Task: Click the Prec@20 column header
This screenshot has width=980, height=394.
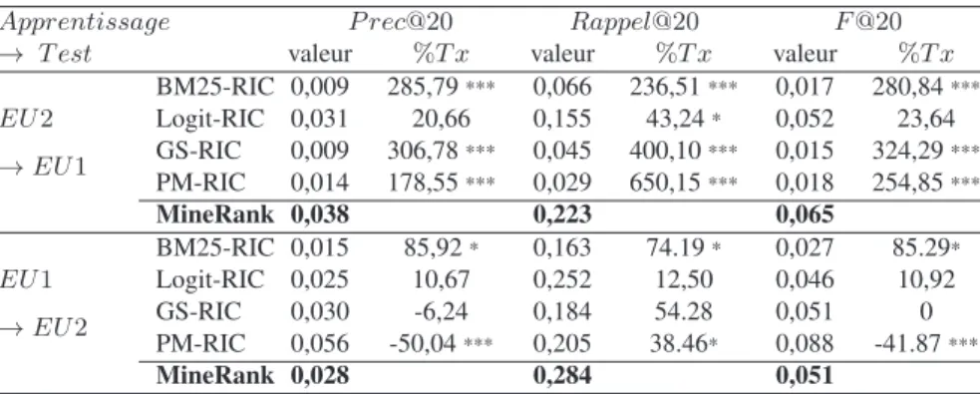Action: (401, 23)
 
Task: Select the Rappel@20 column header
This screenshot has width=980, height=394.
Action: (634, 23)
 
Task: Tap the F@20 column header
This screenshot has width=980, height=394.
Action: (868, 23)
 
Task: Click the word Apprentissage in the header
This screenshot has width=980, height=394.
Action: (85, 23)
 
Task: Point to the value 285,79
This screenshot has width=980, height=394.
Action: (423, 87)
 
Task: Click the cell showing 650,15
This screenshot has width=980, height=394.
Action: (666, 182)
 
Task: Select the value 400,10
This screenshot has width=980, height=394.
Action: (666, 150)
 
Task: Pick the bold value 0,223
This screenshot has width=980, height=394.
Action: (562, 214)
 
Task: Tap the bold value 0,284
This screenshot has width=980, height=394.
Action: (562, 375)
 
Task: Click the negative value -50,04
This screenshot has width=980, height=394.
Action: (424, 343)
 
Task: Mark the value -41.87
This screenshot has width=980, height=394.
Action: (910, 343)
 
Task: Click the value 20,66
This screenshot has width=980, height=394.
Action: (442, 118)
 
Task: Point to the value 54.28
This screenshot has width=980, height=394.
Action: (684, 311)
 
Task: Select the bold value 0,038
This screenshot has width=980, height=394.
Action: (319, 214)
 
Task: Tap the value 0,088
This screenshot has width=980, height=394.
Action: (805, 343)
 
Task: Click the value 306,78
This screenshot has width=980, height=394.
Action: (423, 150)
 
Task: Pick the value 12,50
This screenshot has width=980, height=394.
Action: (684, 279)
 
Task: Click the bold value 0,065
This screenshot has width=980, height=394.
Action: (805, 214)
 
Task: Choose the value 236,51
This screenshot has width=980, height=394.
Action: (666, 87)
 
